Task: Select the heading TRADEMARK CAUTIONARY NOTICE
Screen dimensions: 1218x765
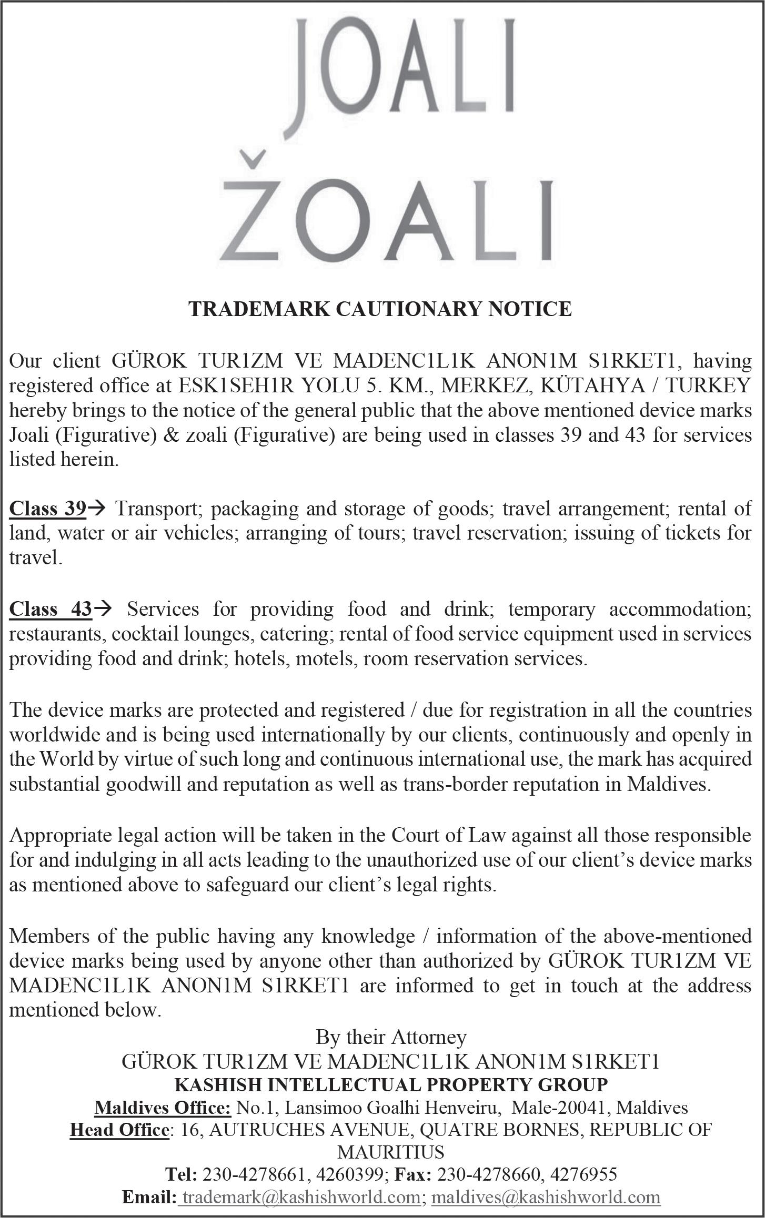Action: [380, 309]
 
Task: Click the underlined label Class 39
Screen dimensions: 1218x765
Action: [47, 509]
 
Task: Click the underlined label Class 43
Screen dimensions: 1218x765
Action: [51, 609]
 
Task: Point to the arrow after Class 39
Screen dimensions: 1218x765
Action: [97, 509]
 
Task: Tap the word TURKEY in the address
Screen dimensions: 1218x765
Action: [711, 385]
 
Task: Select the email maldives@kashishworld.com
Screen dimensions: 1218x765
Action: [546, 1197]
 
